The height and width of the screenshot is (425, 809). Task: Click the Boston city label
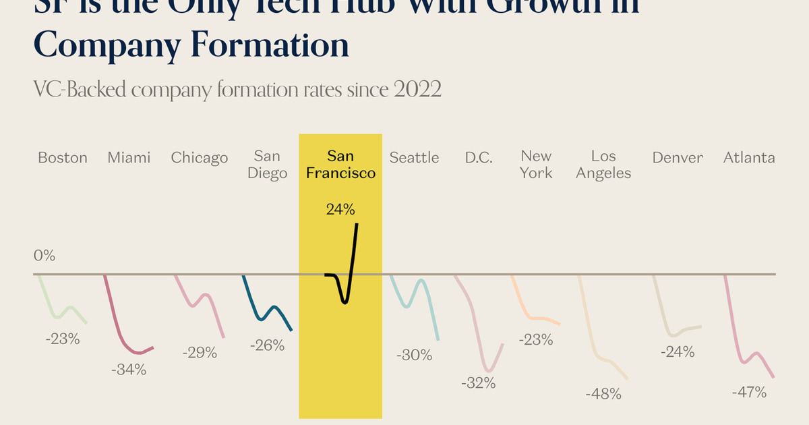coord(63,158)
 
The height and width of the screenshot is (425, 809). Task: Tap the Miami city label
coord(129,158)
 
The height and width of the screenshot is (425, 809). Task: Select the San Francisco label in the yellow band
coord(340,165)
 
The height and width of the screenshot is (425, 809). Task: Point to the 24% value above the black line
coord(340,210)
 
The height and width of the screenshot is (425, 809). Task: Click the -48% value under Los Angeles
coord(603,394)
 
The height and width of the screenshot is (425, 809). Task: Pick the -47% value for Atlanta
coord(749,392)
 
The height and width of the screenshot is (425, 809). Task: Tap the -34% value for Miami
coord(129,370)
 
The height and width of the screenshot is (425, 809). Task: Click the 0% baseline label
coord(44,256)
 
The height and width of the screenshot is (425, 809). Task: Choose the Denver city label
coord(678,158)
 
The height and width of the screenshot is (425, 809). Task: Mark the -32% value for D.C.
coord(479,382)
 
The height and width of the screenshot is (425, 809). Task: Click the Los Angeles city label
coord(603,165)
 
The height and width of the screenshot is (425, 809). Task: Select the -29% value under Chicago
coord(200,352)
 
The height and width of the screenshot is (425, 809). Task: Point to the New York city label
coord(536,165)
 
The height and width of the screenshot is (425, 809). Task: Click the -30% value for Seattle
coord(415,354)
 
